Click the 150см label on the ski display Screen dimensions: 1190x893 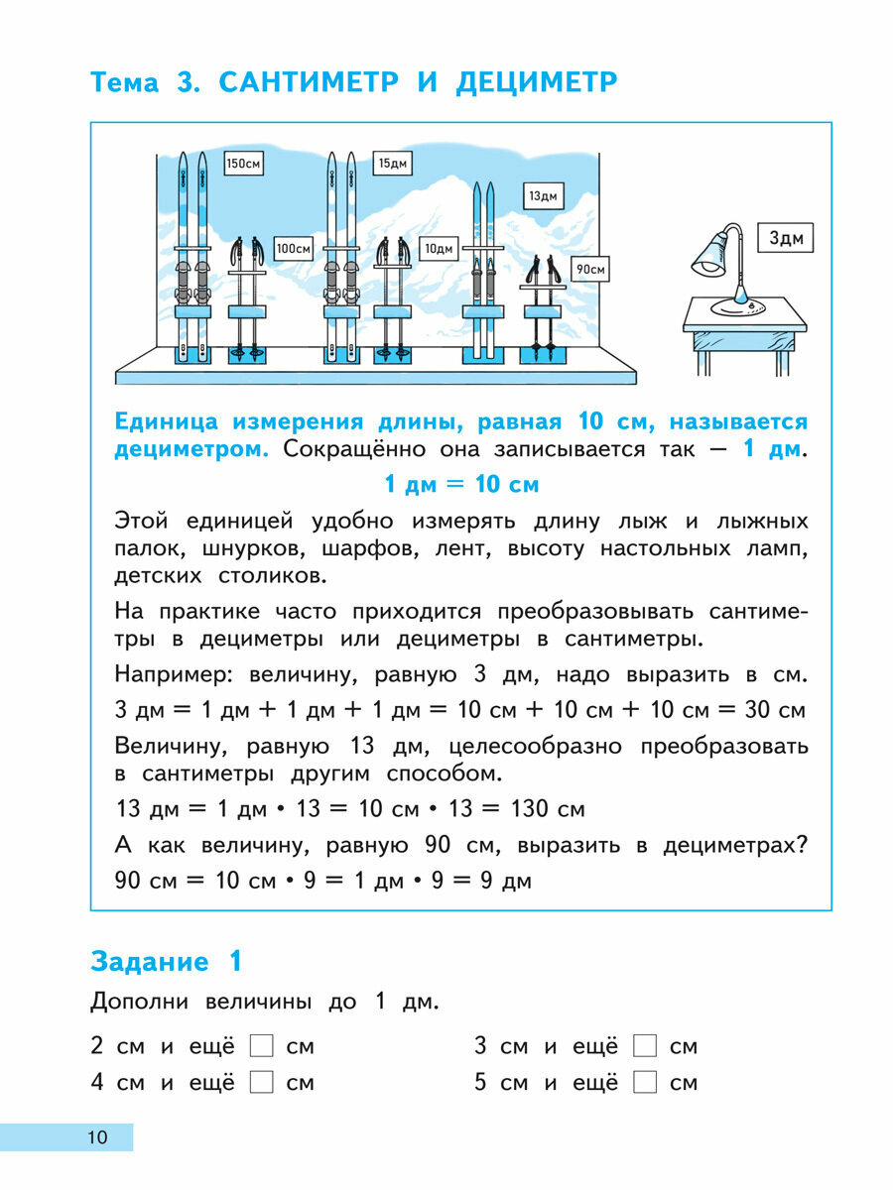(243, 164)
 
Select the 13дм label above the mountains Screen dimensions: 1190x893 (542, 196)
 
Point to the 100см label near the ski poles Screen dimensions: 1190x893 (294, 248)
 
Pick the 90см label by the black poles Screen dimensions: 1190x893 (589, 268)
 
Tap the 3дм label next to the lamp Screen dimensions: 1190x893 (791, 239)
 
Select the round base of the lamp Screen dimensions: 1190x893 (739, 307)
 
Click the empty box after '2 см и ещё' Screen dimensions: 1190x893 (261, 1046)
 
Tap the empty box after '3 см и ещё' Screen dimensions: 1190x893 (645, 1046)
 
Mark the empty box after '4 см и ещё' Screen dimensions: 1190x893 (261, 1082)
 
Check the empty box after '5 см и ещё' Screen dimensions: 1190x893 (645, 1082)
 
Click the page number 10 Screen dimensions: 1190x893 (97, 1137)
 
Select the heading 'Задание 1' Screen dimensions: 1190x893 (166, 961)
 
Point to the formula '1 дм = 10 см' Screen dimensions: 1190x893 (461, 485)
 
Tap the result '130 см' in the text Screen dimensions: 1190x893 (545, 808)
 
